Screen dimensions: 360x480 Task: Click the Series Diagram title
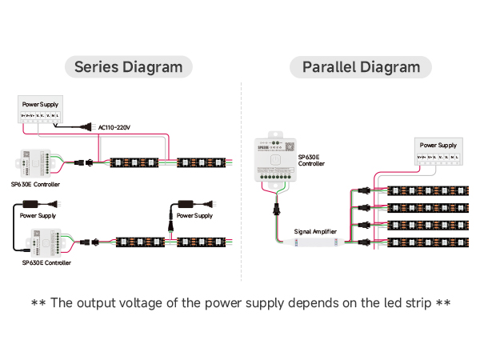coord(128,66)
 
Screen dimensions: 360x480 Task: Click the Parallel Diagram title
coord(361,66)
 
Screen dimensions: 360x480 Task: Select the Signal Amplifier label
coord(315,231)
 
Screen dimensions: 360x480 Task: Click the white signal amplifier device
coord(314,242)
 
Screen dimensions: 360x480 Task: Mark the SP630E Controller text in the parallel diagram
coord(311,161)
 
